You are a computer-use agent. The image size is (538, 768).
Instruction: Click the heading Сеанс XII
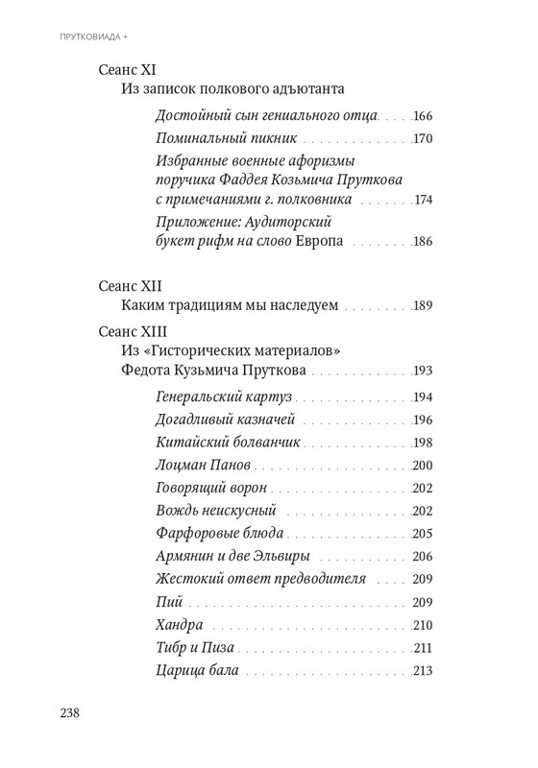(x=131, y=287)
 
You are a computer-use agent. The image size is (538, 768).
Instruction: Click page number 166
(x=424, y=116)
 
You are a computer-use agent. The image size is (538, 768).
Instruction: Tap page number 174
(x=424, y=201)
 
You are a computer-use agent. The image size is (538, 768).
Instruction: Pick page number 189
(x=424, y=306)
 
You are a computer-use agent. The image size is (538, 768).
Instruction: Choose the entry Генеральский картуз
(x=224, y=397)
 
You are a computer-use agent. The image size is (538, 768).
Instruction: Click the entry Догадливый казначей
(x=224, y=420)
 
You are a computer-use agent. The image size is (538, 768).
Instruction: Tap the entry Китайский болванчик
(x=228, y=443)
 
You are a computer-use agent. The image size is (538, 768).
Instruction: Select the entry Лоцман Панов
(x=203, y=465)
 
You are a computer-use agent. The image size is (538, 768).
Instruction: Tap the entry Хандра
(x=178, y=624)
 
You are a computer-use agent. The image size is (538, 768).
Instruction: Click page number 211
(x=424, y=647)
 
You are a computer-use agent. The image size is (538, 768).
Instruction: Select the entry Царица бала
(x=196, y=670)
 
